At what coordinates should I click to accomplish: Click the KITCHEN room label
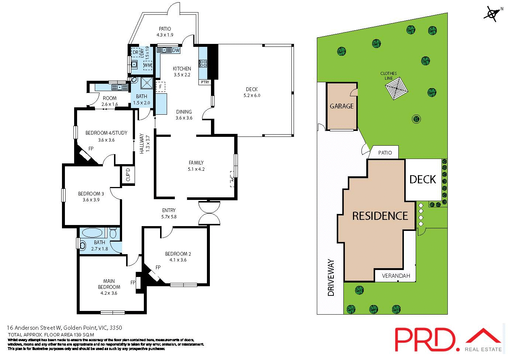[x=182, y=69]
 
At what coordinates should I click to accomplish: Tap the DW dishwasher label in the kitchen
[x=176, y=50]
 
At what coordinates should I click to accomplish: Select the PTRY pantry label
[x=205, y=82]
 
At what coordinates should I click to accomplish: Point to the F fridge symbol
[x=160, y=87]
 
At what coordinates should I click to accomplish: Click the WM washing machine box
[x=148, y=65]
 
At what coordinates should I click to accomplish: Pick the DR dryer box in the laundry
[x=135, y=53]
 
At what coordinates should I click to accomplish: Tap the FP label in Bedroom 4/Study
[x=91, y=149]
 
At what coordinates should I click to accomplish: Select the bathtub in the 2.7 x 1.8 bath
[x=92, y=233]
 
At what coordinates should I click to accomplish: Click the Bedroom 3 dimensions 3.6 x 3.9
[x=91, y=200]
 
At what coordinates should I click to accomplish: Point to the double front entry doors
[x=209, y=213]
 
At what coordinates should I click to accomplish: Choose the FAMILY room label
[x=196, y=163]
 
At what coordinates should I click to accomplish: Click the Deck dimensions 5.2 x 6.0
[x=252, y=96]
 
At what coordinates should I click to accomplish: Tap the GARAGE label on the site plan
[x=342, y=106]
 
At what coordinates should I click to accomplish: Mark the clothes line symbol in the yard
[x=396, y=89]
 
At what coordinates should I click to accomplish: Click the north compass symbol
[x=492, y=14]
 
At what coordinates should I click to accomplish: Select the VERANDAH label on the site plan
[x=396, y=276]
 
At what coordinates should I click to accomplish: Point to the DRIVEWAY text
[x=331, y=278]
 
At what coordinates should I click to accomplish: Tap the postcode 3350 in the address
[x=116, y=328]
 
